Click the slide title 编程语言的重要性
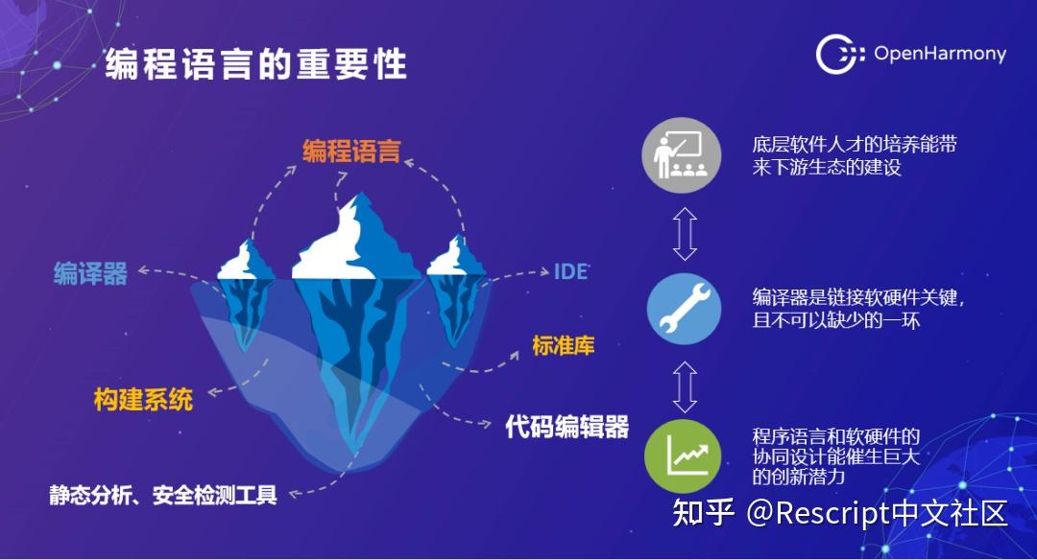[256, 64]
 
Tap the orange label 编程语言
[351, 151]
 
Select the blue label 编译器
[90, 274]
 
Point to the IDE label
[570, 270]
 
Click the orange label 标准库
[564, 345]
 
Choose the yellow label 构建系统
[143, 399]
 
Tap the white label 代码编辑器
[567, 427]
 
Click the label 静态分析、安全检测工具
[163, 495]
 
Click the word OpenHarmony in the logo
[939, 54]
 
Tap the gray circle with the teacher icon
[683, 151]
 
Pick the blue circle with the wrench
[683, 309]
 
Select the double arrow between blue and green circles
[684, 384]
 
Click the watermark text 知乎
[704, 513]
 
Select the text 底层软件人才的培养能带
[855, 146]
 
